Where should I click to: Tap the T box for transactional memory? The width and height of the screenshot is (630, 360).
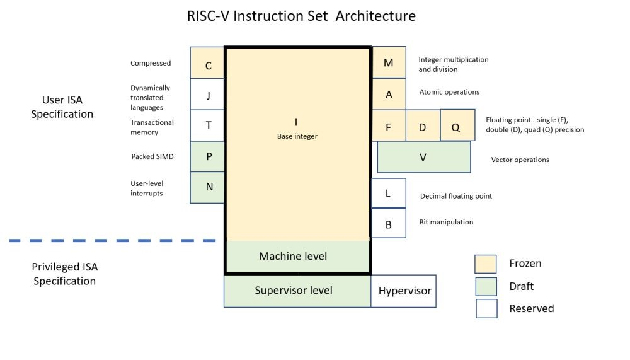(207, 125)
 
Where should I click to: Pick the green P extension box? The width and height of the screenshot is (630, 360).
(207, 156)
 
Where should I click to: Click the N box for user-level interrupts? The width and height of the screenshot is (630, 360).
(207, 187)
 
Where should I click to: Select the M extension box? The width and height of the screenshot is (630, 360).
(389, 62)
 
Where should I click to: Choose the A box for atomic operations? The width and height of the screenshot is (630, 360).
(389, 94)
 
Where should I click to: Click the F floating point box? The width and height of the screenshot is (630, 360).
(389, 126)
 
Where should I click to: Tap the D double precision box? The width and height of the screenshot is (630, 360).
(423, 126)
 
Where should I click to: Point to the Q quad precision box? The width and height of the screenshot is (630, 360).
(456, 125)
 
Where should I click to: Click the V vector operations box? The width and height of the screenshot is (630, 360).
(423, 157)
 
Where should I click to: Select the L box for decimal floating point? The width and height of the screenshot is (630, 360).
(389, 193)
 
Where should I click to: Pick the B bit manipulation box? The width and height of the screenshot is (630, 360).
(389, 223)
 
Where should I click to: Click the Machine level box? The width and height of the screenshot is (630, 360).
(297, 257)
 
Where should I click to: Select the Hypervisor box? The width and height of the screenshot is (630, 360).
(404, 291)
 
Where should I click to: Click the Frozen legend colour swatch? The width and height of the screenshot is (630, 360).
(486, 264)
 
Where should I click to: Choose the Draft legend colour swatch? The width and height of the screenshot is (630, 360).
(486, 286)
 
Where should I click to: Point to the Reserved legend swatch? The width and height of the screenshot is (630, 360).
(486, 308)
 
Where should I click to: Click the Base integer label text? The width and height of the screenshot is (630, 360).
(297, 136)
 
